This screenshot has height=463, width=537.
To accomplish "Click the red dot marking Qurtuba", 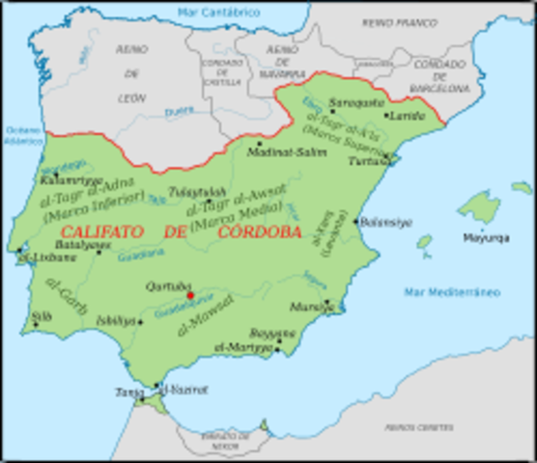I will coord(190,295).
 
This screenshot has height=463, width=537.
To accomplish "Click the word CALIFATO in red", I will coord(103,231).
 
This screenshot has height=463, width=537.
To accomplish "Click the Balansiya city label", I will coord(387,222).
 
